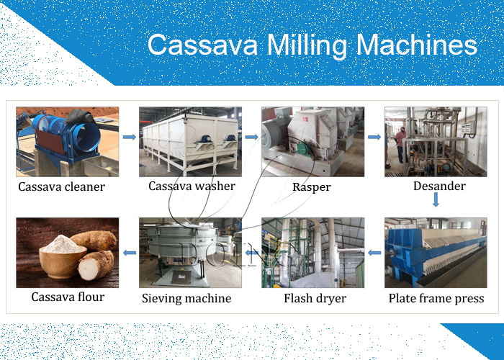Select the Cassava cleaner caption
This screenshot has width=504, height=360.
click(x=62, y=187)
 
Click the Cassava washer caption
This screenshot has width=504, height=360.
click(x=192, y=186)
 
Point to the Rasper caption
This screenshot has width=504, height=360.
click(x=312, y=187)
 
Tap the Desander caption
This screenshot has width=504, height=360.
click(x=439, y=186)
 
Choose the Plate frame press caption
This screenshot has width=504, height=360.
click(x=436, y=298)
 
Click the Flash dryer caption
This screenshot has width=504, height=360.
click(x=315, y=298)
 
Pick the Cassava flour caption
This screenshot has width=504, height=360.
click(x=68, y=297)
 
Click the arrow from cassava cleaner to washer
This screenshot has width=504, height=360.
click(x=129, y=136)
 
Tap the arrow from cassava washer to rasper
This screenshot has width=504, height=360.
click(x=251, y=136)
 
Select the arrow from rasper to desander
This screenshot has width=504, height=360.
click(x=374, y=136)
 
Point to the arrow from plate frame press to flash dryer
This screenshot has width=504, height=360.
click(x=374, y=253)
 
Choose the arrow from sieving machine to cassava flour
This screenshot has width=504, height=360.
click(x=129, y=253)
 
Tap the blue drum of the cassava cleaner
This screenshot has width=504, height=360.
click(x=72, y=133)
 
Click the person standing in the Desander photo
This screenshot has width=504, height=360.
click(x=401, y=144)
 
